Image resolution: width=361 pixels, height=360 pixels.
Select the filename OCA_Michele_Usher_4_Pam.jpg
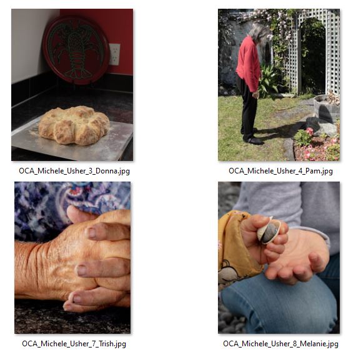click(280, 170)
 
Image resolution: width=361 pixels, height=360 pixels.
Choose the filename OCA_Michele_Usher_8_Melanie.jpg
click(280, 343)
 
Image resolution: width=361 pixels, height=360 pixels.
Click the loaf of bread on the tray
click(74, 124)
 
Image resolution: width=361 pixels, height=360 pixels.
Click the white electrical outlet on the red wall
click(115, 54)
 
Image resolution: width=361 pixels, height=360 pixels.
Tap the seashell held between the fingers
click(269, 231)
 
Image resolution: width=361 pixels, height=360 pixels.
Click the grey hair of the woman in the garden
click(258, 31)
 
